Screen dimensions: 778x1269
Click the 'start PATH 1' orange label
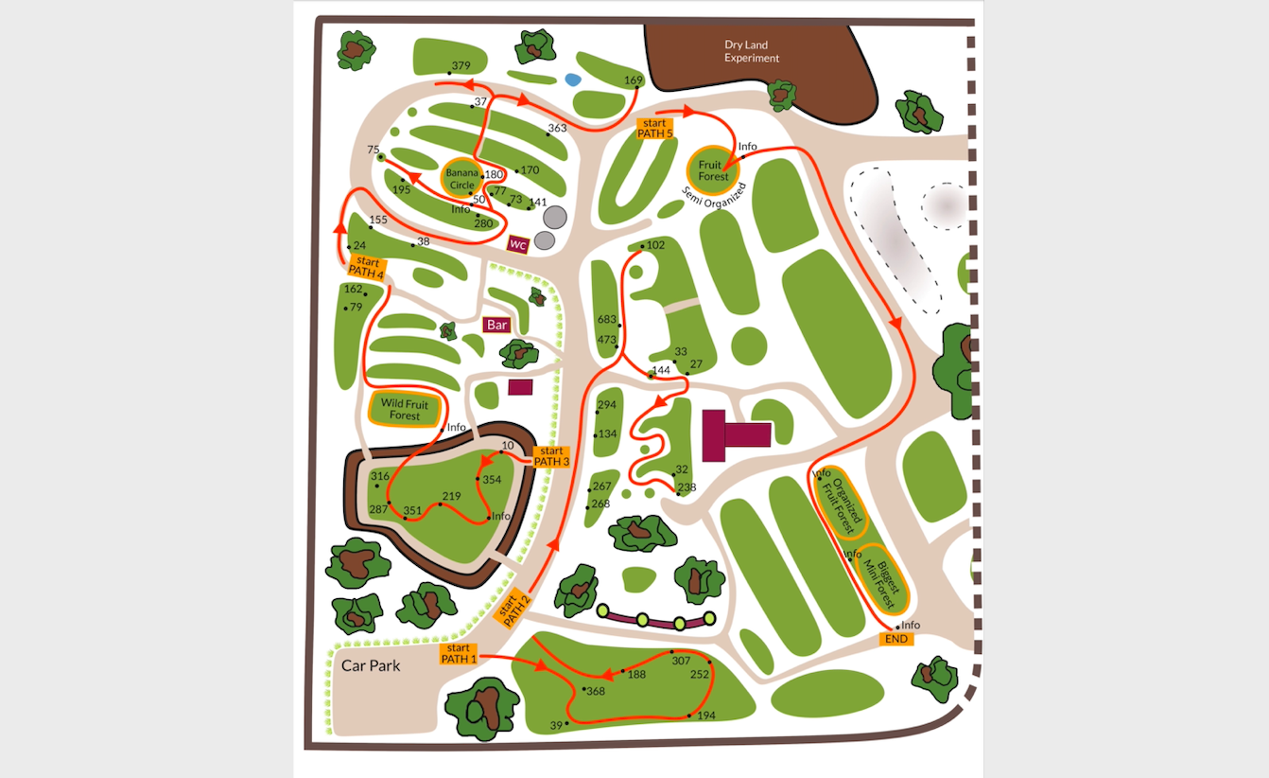[458, 653]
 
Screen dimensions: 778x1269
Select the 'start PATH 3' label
[551, 456]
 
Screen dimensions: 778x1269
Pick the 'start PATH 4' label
[366, 267]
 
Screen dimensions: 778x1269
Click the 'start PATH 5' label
[655, 128]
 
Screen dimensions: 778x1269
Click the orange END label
[896, 639]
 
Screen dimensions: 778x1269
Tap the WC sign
[517, 244]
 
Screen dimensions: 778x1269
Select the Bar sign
[496, 325]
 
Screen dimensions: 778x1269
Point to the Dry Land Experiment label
[752, 51]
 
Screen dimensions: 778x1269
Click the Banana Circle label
[461, 178]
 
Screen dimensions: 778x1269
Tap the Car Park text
[371, 665]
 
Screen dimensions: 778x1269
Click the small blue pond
[572, 81]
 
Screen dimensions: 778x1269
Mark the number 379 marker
[461, 66]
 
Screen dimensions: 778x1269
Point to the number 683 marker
[606, 320]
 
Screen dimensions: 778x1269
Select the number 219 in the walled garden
[451, 497]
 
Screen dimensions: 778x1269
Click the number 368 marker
[595, 691]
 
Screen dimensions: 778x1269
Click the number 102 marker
[654, 245]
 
